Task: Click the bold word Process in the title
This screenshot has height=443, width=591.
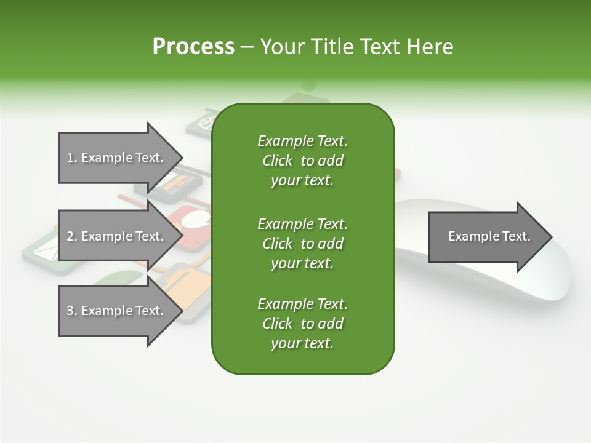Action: (193, 47)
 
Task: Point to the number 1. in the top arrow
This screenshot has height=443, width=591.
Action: (72, 158)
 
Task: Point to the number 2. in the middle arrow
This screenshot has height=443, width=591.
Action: (72, 236)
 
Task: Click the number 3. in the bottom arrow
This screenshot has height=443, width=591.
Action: (72, 311)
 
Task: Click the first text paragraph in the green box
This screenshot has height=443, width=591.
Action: (302, 161)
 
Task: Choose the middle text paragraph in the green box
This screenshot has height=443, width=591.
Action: (302, 243)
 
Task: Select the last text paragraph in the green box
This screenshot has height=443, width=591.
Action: (302, 324)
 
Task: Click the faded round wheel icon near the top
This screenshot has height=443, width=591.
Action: (203, 122)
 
